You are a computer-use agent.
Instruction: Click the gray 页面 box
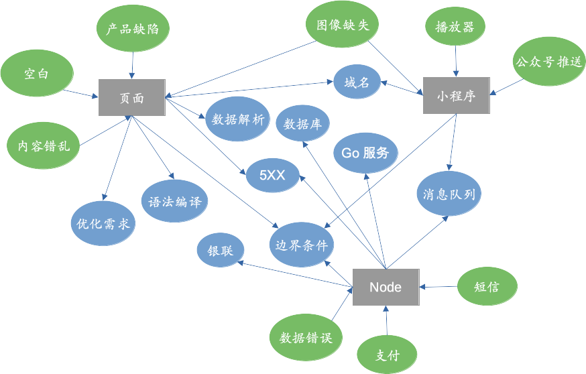(132, 98)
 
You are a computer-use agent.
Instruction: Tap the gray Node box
(386, 287)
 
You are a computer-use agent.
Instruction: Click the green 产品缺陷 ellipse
(133, 29)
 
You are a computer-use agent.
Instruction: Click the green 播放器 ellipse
(455, 27)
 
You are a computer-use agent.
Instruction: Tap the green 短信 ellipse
(487, 287)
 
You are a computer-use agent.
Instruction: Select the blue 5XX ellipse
(273, 176)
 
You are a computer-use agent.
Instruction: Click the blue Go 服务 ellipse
(365, 153)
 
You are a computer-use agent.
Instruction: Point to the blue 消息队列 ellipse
(449, 194)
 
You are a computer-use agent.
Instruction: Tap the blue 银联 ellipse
(220, 251)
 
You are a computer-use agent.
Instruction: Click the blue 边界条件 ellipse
(302, 245)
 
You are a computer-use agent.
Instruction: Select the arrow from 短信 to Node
(438, 287)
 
